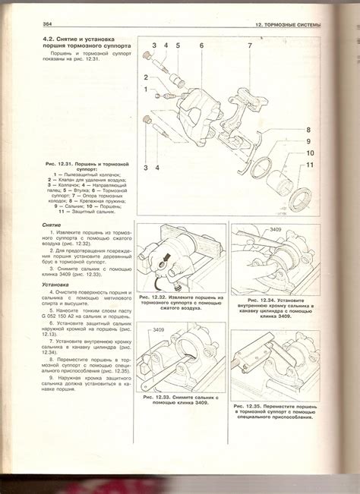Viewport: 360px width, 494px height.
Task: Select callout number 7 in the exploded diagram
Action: coord(248,46)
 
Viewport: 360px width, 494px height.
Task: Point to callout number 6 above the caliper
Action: coord(202,46)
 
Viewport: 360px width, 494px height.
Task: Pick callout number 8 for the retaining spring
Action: coord(309,130)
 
